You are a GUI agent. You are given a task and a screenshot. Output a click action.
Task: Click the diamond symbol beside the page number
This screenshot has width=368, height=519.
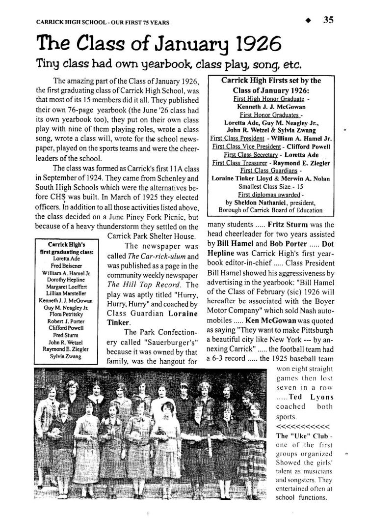308,21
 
